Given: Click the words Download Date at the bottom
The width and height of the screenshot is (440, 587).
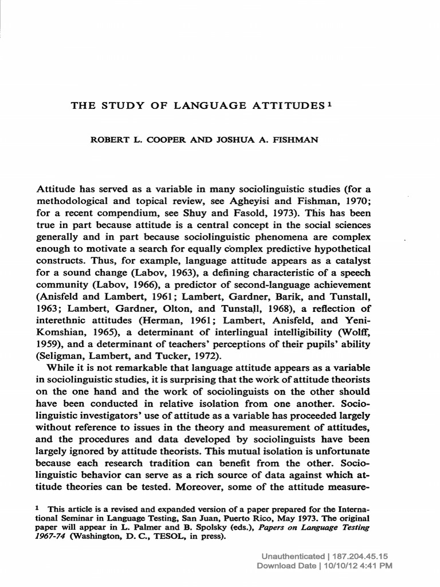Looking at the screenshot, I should (285, 566).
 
